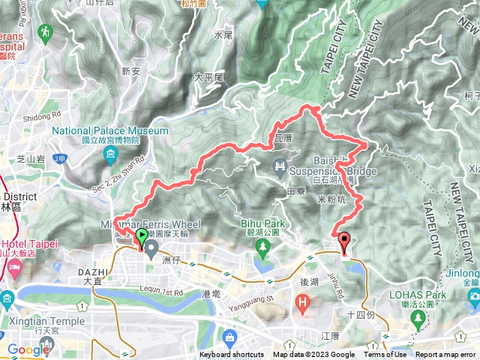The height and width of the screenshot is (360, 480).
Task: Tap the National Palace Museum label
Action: pyautogui.click(x=111, y=130)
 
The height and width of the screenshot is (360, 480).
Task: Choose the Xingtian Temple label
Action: pyautogui.click(x=47, y=320)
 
